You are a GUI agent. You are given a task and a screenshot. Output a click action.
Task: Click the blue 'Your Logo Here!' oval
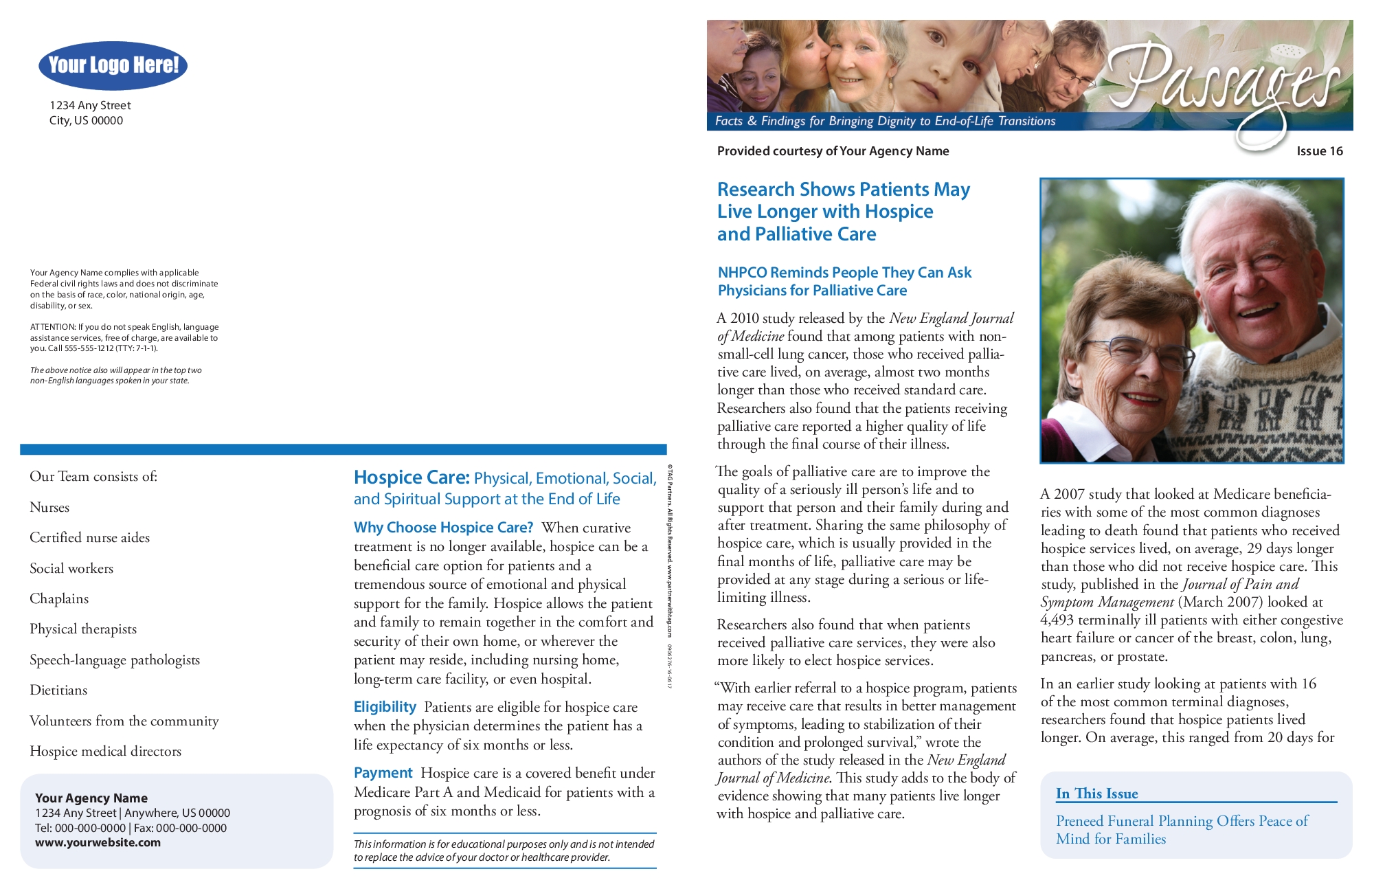pyautogui.click(x=113, y=65)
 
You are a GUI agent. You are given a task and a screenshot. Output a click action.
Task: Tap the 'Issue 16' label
pyautogui.click(x=1319, y=151)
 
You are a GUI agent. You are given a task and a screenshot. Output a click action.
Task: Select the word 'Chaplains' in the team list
pyautogui.click(x=59, y=598)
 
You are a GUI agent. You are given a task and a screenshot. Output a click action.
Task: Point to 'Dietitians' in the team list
pyautogui.click(x=58, y=690)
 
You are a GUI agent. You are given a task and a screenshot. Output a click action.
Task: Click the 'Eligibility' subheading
pyautogui.click(x=385, y=707)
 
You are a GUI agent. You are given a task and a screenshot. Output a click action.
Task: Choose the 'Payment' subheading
pyautogui.click(x=383, y=773)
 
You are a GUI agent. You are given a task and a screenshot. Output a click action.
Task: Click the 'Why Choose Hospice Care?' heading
pyautogui.click(x=443, y=528)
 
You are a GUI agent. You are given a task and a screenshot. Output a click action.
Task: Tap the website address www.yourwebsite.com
pyautogui.click(x=98, y=843)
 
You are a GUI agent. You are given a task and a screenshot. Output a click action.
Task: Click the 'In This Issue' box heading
pyautogui.click(x=1096, y=794)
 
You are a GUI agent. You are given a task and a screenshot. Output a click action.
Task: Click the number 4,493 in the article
pyautogui.click(x=1057, y=620)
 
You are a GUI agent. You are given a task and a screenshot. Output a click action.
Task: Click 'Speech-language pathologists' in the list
pyautogui.click(x=115, y=660)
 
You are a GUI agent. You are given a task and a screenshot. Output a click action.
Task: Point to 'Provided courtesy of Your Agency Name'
pyautogui.click(x=833, y=151)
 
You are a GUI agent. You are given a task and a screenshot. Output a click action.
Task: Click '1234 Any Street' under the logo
pyautogui.click(x=90, y=105)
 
